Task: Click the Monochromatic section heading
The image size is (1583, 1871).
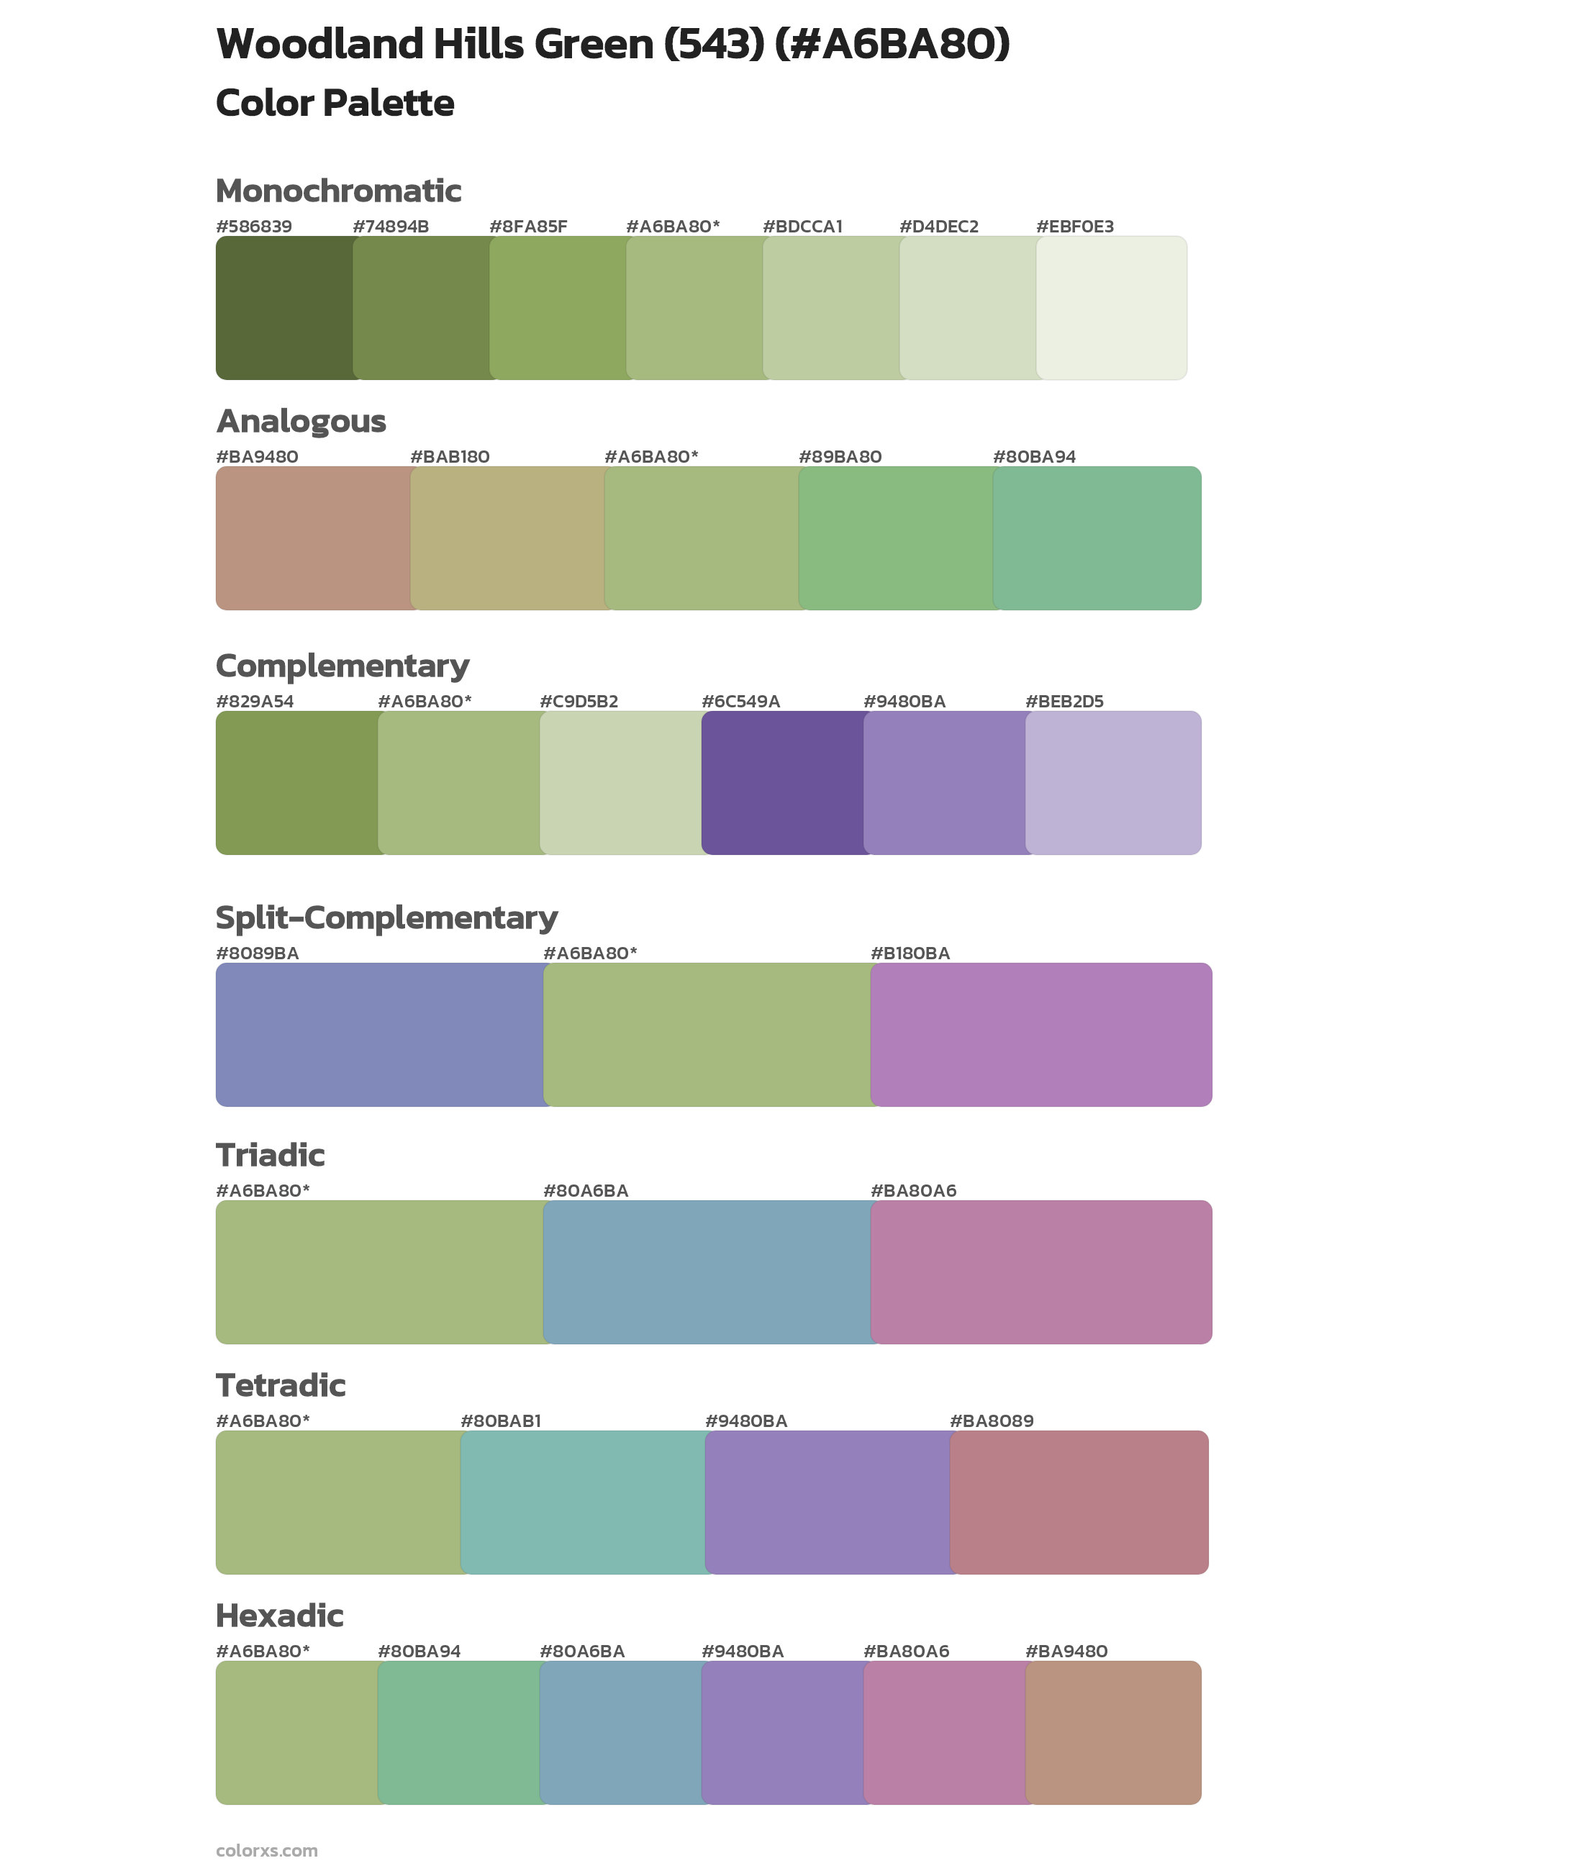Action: (338, 191)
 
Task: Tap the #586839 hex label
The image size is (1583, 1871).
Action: (254, 226)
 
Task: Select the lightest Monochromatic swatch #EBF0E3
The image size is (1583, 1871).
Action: (1111, 308)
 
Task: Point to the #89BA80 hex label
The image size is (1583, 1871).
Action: (840, 457)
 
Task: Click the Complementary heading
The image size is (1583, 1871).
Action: (342, 666)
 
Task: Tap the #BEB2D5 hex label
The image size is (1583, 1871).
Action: (1064, 701)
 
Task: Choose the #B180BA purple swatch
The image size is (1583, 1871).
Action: (1041, 1034)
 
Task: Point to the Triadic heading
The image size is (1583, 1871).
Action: (270, 1155)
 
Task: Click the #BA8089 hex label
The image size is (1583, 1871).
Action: (992, 1421)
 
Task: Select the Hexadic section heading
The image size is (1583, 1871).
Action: (280, 1616)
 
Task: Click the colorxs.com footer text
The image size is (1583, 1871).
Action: (266, 1849)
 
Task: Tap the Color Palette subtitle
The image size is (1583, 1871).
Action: (335, 103)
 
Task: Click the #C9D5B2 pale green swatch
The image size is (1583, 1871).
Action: (620, 782)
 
